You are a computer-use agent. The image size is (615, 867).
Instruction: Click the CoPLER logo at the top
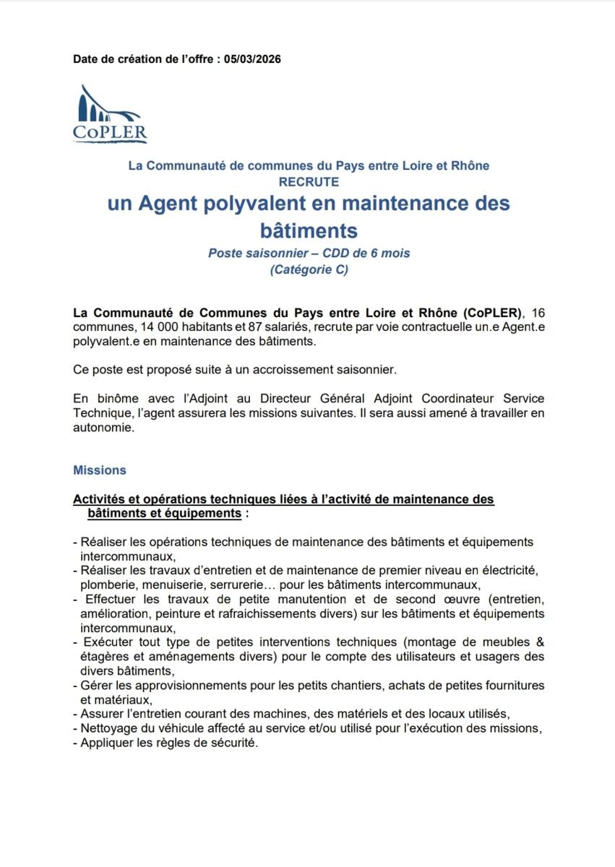point(110,114)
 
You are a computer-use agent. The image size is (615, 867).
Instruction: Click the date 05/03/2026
point(252,59)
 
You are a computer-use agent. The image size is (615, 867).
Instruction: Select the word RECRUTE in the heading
point(309,182)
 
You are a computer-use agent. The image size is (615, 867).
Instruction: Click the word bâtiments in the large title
point(309,230)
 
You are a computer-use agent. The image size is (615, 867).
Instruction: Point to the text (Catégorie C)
point(309,270)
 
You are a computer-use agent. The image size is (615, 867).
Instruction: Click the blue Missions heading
point(100,470)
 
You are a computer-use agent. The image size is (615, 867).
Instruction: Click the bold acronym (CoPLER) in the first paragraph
point(491,314)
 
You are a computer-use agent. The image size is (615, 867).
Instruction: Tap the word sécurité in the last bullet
point(233,743)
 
